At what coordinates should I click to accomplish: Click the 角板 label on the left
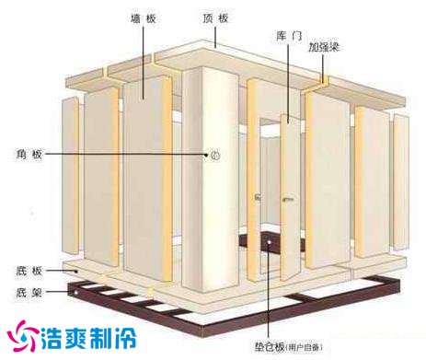29,154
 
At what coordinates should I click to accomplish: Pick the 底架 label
29,292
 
